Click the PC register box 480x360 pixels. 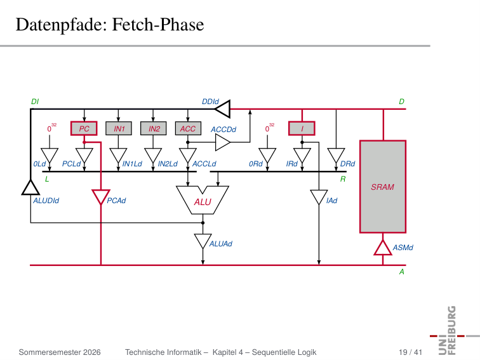coord(84,128)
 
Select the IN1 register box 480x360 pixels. coord(119,128)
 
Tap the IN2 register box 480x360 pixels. coord(154,128)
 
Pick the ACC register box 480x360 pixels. coord(188,128)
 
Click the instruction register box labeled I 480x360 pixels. coord(302,128)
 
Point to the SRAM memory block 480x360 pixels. coord(383,187)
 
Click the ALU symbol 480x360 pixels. coord(203,200)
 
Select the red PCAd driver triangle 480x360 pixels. coord(101,197)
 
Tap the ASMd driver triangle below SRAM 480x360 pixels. coord(383,248)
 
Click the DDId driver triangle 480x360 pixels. coord(223,109)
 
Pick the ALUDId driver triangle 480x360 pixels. coord(30,187)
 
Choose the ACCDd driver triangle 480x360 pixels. coord(223,142)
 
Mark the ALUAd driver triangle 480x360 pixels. coord(203,241)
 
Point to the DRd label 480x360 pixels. coord(347,164)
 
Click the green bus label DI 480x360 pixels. coord(35,102)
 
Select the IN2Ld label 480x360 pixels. coord(168,164)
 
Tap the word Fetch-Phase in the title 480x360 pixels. coord(158,25)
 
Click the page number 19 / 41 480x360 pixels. coord(410,352)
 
